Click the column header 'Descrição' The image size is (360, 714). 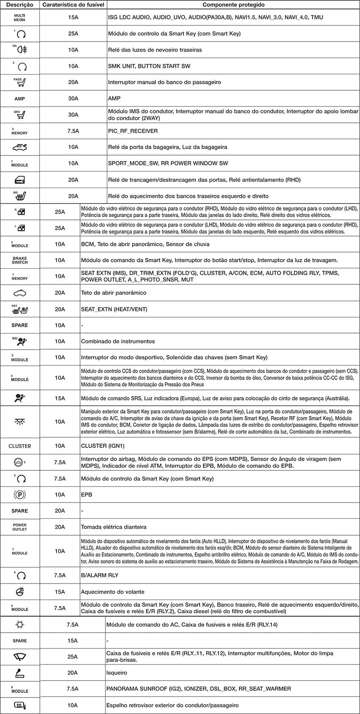coord(20,5)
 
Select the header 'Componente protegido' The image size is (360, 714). coord(233,5)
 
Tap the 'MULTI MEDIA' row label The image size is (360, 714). coord(20,17)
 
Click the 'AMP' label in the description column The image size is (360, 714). coord(20,99)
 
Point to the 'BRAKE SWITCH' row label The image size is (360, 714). coord(20,260)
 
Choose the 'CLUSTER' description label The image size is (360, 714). coord(20,446)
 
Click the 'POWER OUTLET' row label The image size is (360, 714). coord(20,527)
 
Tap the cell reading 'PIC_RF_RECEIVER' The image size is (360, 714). coord(133,131)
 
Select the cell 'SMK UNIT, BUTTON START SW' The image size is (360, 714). coord(149,66)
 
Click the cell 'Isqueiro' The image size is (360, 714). coord(116,673)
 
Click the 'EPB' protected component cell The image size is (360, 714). coord(86,495)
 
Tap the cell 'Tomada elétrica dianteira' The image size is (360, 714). coord(114,527)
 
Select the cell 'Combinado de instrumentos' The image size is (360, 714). coord(118,342)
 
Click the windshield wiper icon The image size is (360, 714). coord(20,657)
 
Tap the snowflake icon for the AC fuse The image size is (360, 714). coord(20,625)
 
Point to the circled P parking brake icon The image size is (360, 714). coord(20,495)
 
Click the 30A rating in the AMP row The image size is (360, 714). coord(73,99)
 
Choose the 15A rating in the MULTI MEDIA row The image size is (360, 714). coord(73,17)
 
